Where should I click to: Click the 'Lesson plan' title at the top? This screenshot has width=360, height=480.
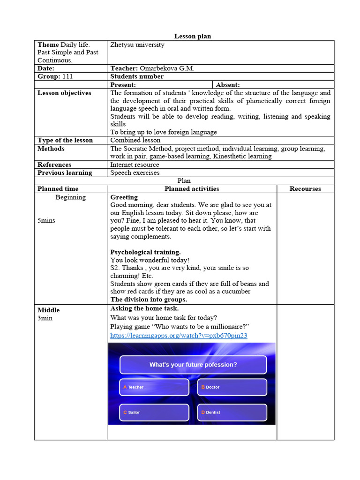(193, 36)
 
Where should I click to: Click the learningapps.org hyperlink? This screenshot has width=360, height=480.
(179, 336)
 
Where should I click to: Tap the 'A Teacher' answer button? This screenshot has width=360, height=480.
(154, 387)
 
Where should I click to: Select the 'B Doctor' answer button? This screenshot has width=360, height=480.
(232, 387)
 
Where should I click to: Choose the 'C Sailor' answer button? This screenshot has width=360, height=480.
(154, 412)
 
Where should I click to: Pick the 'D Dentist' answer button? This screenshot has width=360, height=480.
(232, 412)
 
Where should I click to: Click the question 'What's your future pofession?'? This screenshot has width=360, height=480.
(193, 365)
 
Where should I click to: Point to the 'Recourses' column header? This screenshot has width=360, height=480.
(305, 189)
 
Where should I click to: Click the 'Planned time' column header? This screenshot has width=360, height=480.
(58, 189)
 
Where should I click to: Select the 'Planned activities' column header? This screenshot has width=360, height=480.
(191, 189)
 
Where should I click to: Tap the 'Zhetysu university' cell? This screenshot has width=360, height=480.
(137, 45)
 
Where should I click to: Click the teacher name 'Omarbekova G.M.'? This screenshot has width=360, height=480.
(167, 68)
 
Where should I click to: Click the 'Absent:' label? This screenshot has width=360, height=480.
(228, 85)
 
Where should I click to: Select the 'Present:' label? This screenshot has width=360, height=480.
(123, 85)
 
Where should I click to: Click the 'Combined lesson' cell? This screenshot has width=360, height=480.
(135, 140)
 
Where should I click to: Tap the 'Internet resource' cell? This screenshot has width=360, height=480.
(135, 165)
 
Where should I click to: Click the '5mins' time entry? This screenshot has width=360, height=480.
(46, 220)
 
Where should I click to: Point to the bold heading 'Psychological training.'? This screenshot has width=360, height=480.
(145, 252)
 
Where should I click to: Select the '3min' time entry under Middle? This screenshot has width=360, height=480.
(45, 318)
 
